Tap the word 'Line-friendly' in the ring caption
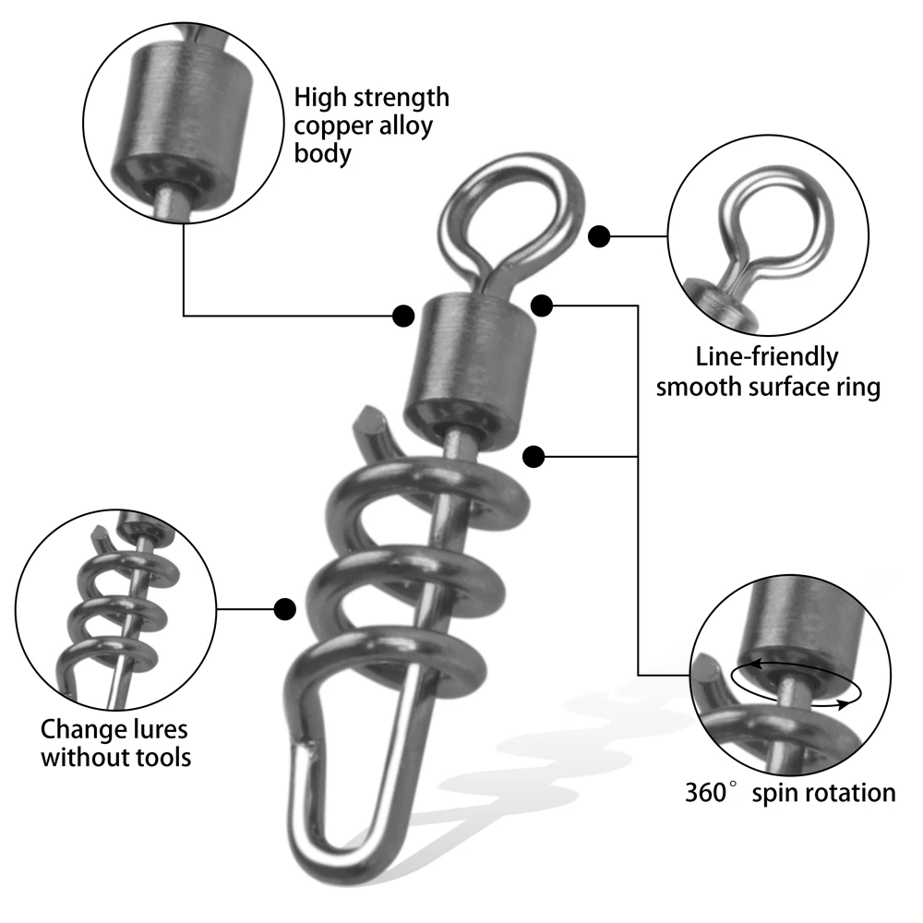coord(766,357)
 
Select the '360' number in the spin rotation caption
coord(705,792)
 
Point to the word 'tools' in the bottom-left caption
coord(163,757)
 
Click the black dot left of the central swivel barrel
coord(403,316)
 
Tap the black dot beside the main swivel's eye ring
coord(599,236)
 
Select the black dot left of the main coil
coord(285,608)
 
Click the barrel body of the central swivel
coord(469,371)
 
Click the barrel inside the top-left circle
coord(183,114)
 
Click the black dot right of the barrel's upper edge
coord(542,306)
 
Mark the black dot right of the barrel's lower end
coord(533,456)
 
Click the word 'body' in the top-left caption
coord(322,154)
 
